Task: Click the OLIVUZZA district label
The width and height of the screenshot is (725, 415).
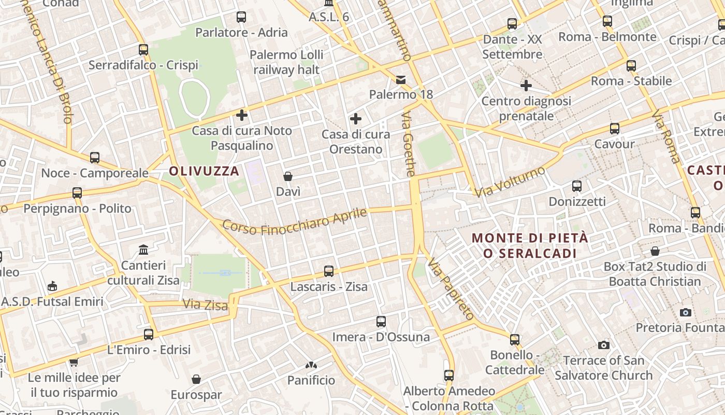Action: pos(204,171)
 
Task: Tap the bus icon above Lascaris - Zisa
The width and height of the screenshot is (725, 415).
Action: pos(328,271)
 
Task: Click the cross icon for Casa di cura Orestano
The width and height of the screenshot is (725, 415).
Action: pos(355,119)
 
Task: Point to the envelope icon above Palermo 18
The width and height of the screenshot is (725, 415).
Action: pos(401,79)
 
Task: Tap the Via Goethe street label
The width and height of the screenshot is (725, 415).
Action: pos(409,144)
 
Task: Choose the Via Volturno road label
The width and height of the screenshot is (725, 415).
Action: pos(510,182)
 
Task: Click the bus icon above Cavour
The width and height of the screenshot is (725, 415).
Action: pos(614,128)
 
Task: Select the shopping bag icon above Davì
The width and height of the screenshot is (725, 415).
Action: pos(288,176)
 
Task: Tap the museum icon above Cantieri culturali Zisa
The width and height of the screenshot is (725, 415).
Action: pos(143,250)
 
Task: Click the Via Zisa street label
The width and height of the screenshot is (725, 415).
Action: pos(206,305)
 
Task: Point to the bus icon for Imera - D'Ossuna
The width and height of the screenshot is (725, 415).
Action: pos(381,322)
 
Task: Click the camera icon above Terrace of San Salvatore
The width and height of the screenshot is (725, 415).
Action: pos(603,345)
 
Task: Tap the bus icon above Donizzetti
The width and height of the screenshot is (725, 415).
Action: pos(576,186)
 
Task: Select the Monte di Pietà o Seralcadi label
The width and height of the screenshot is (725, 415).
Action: pos(530,245)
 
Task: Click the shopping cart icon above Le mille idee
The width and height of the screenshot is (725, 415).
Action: pos(74,362)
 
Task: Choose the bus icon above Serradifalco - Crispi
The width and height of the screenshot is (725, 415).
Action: pos(143,50)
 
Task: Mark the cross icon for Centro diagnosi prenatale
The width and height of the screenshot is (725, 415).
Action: pos(526,85)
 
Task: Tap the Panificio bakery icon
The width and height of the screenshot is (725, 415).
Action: pos(311,365)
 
